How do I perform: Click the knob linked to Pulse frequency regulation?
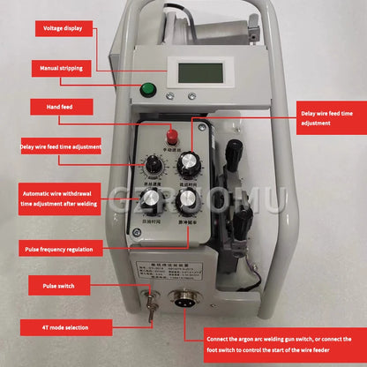pyautogui.click(x=186, y=199)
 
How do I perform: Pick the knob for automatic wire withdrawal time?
pyautogui.click(x=153, y=199)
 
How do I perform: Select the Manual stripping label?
pyautogui.click(x=62, y=68)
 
